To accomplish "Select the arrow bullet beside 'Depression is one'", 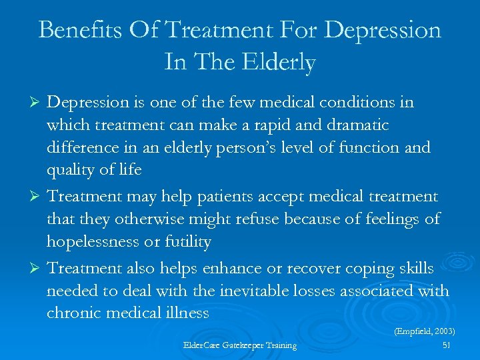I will [37, 103].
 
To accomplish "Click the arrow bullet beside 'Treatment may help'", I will [37, 197].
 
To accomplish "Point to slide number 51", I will [446, 345].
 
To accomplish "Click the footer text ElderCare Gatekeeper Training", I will [240, 345].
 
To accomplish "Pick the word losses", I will [325, 291].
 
